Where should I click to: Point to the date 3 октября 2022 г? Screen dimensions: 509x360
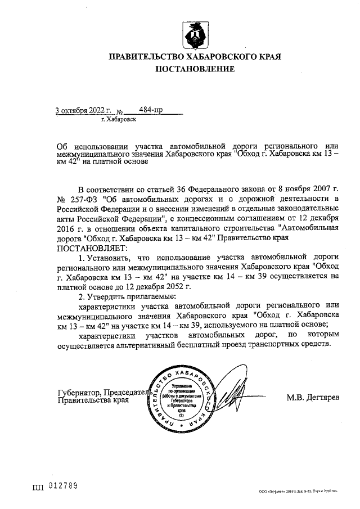click(x=84, y=110)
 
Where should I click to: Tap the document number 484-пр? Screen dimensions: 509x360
click(x=150, y=110)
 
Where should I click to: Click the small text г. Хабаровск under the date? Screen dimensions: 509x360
click(x=118, y=120)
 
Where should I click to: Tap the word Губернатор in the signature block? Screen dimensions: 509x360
click(x=79, y=393)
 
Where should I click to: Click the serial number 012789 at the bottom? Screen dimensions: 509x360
click(x=63, y=485)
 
